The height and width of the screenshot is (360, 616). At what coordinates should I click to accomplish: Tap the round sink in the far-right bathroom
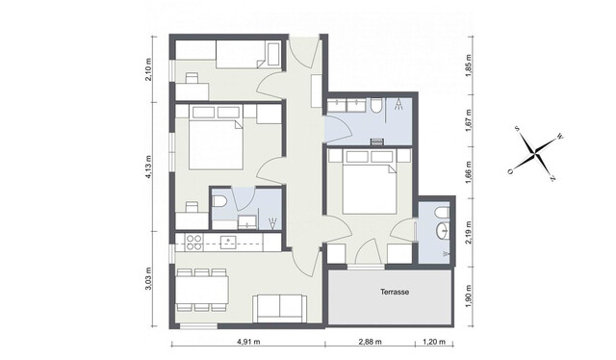click(442, 230)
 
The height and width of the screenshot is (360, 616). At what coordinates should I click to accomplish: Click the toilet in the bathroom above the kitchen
click(221, 201)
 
